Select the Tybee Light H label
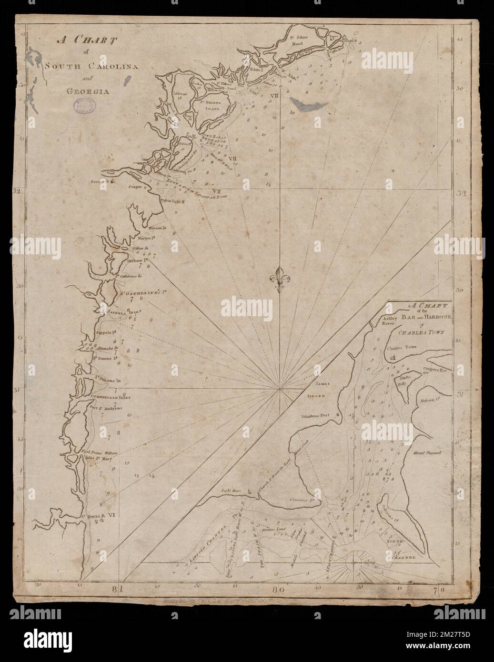pos(175,201)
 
